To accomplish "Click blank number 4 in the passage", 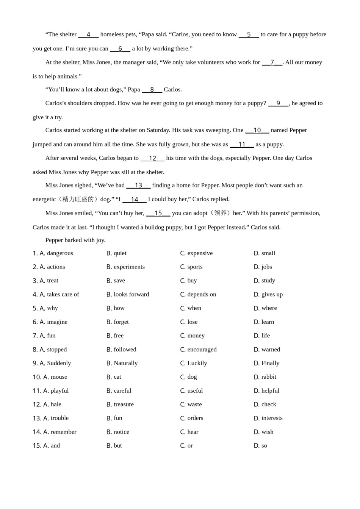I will [x=88, y=34].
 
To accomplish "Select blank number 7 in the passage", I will [x=272, y=62].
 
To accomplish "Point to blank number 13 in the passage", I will [x=138, y=186].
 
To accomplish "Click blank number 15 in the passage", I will [x=158, y=213].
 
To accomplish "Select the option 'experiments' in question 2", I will [x=129, y=267].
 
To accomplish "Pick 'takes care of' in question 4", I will [x=63, y=294].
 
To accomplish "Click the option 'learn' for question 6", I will [x=268, y=322].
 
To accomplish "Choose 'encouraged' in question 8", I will [x=202, y=349].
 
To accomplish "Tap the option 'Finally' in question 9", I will [x=270, y=363].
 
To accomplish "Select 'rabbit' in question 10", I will [x=269, y=377].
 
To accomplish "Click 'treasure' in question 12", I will [x=124, y=404].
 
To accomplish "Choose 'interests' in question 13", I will [x=272, y=418].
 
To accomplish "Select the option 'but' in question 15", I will [x=118, y=445].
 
